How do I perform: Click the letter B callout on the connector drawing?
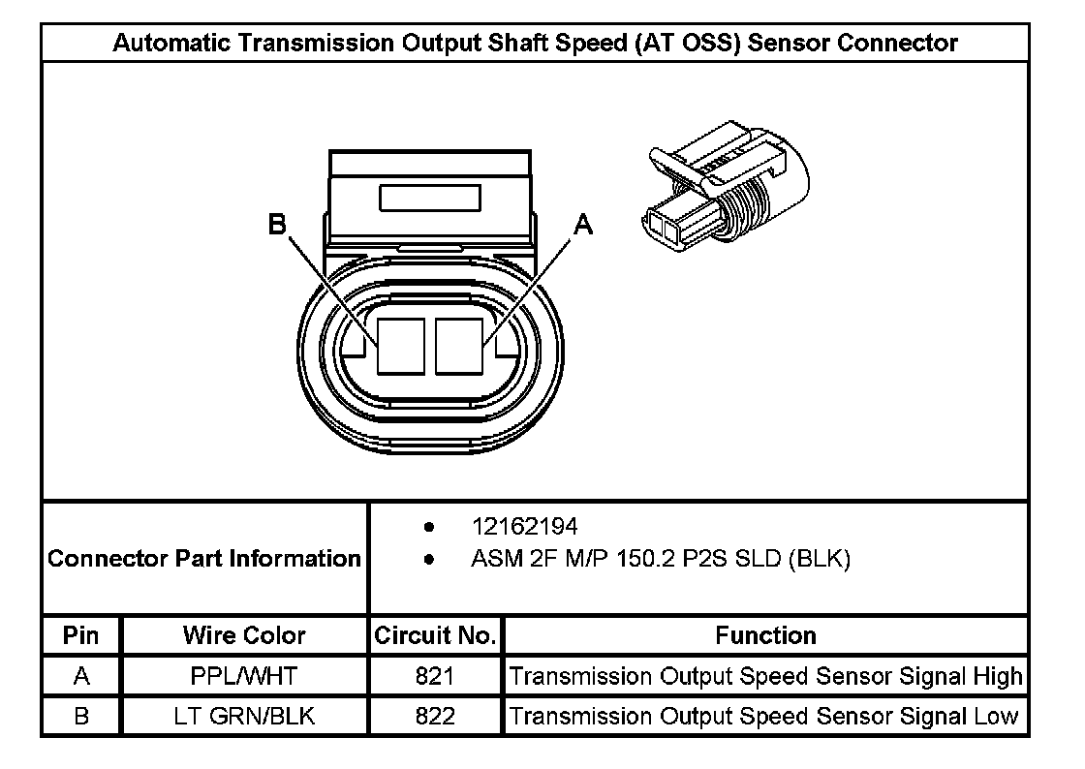[x=278, y=226]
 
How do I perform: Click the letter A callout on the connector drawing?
[x=583, y=226]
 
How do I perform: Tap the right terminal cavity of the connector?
[x=459, y=345]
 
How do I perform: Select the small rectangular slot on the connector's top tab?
[x=430, y=199]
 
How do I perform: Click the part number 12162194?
[x=524, y=527]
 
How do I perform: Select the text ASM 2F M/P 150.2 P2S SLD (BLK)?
[x=660, y=559]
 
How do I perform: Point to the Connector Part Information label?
[x=204, y=559]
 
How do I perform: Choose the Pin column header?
[x=81, y=635]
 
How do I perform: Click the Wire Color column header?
[x=244, y=635]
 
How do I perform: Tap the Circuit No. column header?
[x=435, y=635]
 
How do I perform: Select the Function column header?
[x=765, y=635]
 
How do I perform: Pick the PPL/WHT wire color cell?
[x=244, y=676]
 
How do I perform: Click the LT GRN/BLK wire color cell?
[x=244, y=717]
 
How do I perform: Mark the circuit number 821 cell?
[x=435, y=676]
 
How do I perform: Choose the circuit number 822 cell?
[x=435, y=717]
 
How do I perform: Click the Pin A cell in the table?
[x=81, y=676]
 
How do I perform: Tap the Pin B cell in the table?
[x=81, y=717]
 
